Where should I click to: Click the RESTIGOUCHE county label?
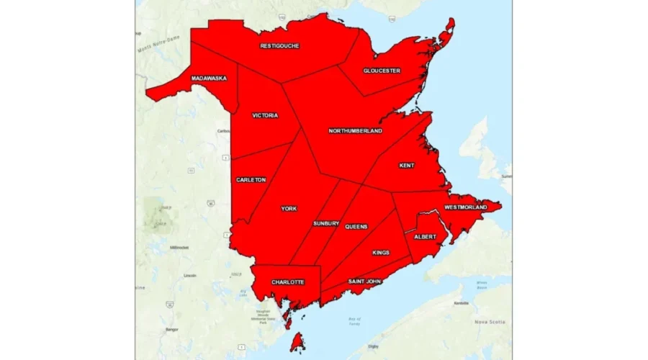pyautogui.click(x=280, y=46)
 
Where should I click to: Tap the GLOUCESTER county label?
pyautogui.click(x=382, y=71)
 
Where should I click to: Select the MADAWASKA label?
pyautogui.click(x=209, y=78)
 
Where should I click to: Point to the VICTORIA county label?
pyautogui.click(x=265, y=115)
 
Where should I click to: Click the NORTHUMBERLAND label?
pyautogui.click(x=355, y=131)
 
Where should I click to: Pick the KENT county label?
pyautogui.click(x=407, y=166)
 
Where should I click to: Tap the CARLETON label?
pyautogui.click(x=251, y=179)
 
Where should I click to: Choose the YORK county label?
pyautogui.click(x=289, y=209)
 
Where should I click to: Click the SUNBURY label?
pyautogui.click(x=325, y=224)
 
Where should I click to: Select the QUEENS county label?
pyautogui.click(x=356, y=227)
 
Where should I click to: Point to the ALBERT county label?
pyautogui.click(x=425, y=236)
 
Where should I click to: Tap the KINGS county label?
pyautogui.click(x=381, y=253)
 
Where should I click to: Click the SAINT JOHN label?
pyautogui.click(x=365, y=282)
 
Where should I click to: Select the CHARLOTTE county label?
pyautogui.click(x=287, y=282)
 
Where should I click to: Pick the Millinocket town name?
pyautogui.click(x=179, y=248)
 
